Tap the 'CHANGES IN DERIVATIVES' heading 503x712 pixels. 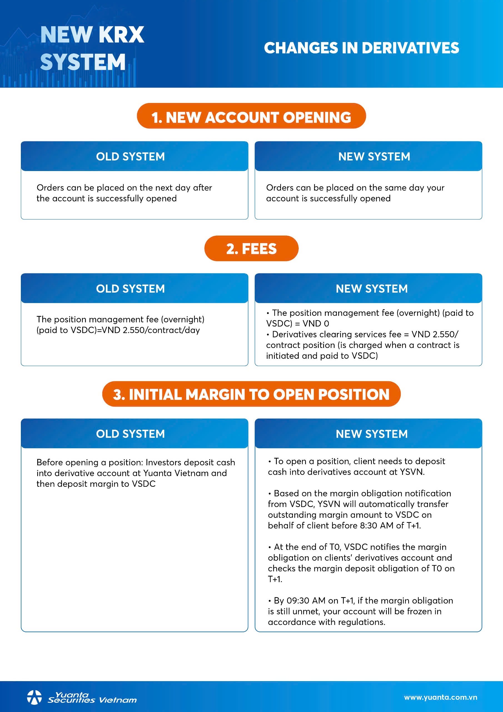(x=361, y=48)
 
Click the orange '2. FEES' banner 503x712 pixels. (x=251, y=248)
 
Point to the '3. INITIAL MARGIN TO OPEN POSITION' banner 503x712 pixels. (x=251, y=394)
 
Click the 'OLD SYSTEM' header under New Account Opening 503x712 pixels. (x=131, y=157)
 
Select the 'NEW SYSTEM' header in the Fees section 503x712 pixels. (x=372, y=289)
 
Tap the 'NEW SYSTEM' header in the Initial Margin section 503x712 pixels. (x=372, y=434)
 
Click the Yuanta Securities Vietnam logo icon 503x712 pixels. (x=34, y=698)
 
